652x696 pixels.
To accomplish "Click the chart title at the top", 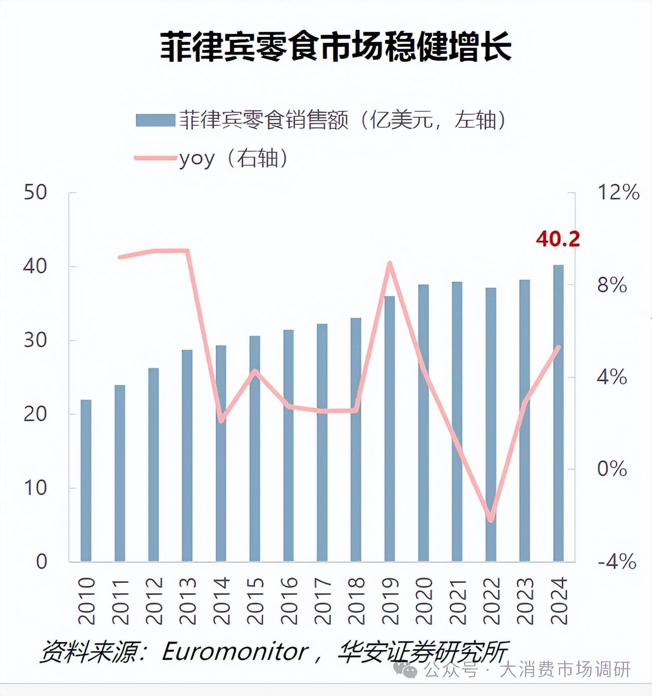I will pyautogui.click(x=335, y=47).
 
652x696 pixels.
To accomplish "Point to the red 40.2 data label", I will pyautogui.click(x=558, y=239).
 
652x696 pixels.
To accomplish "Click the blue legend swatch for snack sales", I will pyautogui.click(x=155, y=120).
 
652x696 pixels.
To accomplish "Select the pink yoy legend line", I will pyautogui.click(x=155, y=158).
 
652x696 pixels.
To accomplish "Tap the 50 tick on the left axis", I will pyautogui.click(x=35, y=192).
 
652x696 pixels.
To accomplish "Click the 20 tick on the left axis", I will pyautogui.click(x=35, y=414).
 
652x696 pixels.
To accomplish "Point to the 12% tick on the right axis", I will pyautogui.click(x=618, y=192).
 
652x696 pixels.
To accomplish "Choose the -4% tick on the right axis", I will pyautogui.click(x=617, y=562).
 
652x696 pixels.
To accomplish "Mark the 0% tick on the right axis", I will pyautogui.click(x=612, y=469).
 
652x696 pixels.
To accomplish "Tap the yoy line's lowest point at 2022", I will pyautogui.click(x=491, y=519).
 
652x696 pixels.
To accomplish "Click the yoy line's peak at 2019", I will pyautogui.click(x=390, y=263).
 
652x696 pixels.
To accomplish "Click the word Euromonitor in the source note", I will pyautogui.click(x=235, y=652).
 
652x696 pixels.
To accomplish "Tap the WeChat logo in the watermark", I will pyautogui.click(x=405, y=669).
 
